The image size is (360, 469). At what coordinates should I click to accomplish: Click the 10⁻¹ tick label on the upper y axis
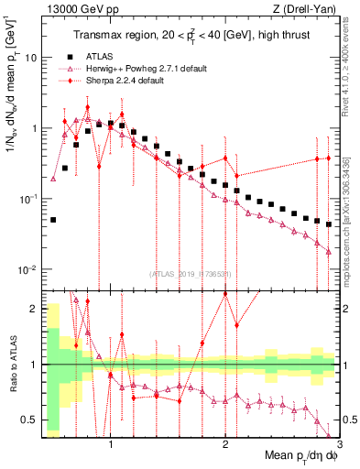27,199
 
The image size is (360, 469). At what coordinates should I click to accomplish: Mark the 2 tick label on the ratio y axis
34,309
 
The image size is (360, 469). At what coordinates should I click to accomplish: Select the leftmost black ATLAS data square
54,220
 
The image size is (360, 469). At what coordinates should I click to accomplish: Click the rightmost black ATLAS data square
329,224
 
